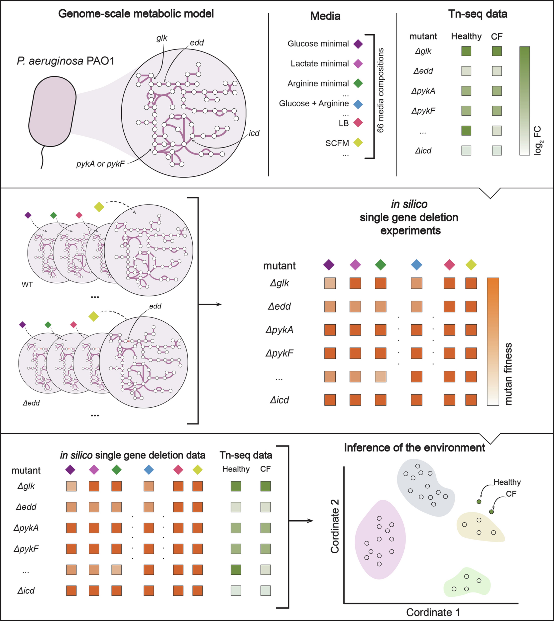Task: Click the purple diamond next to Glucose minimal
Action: tap(358, 44)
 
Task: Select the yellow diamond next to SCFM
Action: tap(358, 142)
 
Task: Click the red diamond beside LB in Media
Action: tap(358, 123)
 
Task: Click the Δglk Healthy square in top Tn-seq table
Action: tap(466, 51)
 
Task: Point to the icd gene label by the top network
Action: tap(254, 133)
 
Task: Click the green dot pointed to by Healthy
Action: tap(479, 501)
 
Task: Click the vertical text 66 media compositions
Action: tap(380, 90)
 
